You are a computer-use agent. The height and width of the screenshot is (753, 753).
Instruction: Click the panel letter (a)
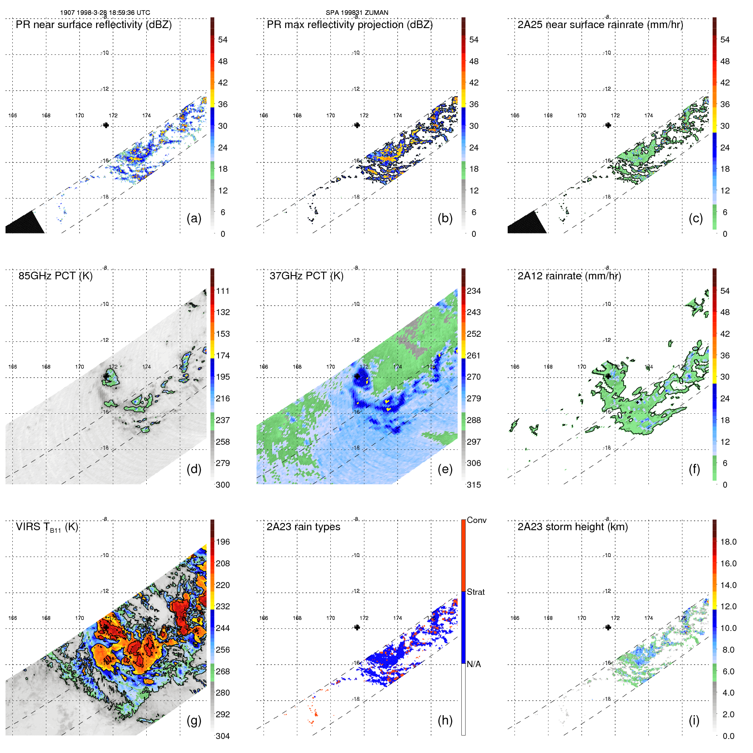tap(194, 219)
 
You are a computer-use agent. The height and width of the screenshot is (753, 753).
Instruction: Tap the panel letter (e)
tap(445, 469)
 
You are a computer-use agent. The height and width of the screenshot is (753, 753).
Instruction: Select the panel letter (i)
tap(694, 721)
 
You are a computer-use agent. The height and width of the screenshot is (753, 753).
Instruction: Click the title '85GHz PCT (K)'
tap(56, 276)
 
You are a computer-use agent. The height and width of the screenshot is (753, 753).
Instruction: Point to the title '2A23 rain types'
tap(303, 527)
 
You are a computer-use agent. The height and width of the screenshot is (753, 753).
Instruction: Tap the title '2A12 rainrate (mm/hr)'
tap(569, 276)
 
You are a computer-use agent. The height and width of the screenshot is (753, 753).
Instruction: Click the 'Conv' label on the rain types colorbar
tap(477, 520)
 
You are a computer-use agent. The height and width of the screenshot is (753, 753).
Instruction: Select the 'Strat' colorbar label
tap(476, 592)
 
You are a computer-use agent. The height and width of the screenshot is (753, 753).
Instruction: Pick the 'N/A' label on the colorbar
tap(474, 664)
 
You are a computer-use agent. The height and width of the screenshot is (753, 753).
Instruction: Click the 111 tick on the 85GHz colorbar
tap(223, 291)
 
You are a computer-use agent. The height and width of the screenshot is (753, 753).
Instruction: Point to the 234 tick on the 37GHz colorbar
tap(474, 291)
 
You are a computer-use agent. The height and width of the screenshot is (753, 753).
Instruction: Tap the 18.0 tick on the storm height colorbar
tap(728, 542)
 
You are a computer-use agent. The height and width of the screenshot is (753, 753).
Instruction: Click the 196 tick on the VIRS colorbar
tap(223, 542)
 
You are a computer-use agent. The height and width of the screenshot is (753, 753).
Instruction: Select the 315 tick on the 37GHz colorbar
tap(474, 485)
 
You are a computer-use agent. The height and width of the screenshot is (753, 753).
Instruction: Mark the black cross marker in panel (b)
tap(357, 125)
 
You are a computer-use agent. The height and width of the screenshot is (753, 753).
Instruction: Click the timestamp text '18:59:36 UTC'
tap(130, 13)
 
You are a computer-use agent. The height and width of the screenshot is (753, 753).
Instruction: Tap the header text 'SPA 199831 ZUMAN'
tap(357, 13)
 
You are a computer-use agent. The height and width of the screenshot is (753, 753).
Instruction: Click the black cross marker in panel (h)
tap(357, 627)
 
